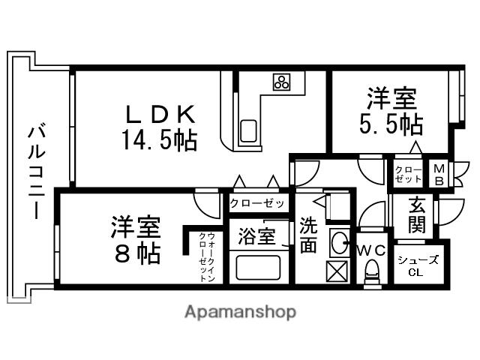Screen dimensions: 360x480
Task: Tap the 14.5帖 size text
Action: pyautogui.click(x=159, y=139)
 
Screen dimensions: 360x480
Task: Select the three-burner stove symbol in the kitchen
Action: pyautogui.click(x=283, y=82)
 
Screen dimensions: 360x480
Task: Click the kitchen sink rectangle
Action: pyautogui.click(x=248, y=130)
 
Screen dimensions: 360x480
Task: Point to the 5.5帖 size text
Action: pyautogui.click(x=391, y=124)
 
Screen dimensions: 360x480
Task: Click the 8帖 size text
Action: pyautogui.click(x=137, y=253)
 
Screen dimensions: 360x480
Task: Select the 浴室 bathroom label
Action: pyautogui.click(x=256, y=237)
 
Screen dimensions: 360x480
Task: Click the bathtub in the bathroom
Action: pyautogui.click(x=258, y=267)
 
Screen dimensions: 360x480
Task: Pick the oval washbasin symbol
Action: pyautogui.click(x=339, y=242)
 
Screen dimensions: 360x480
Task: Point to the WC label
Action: pyautogui.click(x=371, y=249)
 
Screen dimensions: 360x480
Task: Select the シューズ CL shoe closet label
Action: pyautogui.click(x=418, y=265)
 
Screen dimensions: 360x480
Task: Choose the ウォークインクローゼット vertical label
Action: pyautogui.click(x=206, y=257)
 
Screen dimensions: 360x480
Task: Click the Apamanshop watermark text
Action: pyautogui.click(x=240, y=311)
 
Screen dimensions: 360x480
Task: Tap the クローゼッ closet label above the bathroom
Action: pyautogui.click(x=257, y=203)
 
